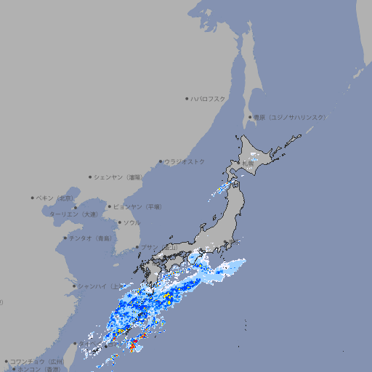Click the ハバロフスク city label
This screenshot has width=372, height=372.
click(209, 98)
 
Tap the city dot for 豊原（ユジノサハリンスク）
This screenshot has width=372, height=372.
click(249, 117)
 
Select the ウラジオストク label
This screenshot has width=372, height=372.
click(185, 161)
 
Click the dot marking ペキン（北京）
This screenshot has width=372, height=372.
click(33, 198)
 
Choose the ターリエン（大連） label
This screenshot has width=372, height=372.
click(73, 214)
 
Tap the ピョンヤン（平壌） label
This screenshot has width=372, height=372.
click(137, 206)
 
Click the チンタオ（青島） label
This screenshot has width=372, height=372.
click(91, 238)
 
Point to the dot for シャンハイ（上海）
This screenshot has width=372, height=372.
click(74, 286)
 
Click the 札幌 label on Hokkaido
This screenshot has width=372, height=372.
click(248, 164)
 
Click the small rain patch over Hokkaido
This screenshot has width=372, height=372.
click(253, 155)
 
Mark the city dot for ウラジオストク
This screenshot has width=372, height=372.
click(161, 161)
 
